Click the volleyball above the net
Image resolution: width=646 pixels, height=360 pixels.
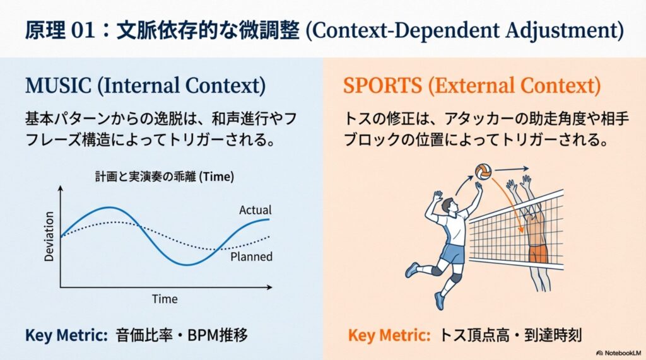pyautogui.click(x=483, y=171)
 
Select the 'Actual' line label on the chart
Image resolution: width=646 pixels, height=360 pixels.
pyautogui.click(x=255, y=210)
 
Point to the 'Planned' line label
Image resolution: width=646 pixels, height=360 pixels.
pyautogui.click(x=251, y=257)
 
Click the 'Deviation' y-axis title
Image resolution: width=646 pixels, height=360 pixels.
pyautogui.click(x=49, y=237)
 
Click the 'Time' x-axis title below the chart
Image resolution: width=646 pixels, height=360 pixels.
pyautogui.click(x=165, y=299)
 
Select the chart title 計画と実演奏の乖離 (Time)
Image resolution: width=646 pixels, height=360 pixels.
pyautogui.click(x=165, y=177)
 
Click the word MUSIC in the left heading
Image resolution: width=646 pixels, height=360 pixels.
pyautogui.click(x=58, y=86)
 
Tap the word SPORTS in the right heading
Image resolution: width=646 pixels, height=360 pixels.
pyautogui.click(x=383, y=86)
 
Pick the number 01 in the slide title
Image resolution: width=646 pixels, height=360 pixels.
pyautogui.click(x=83, y=31)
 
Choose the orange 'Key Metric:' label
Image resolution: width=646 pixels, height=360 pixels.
pyautogui.click(x=389, y=335)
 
